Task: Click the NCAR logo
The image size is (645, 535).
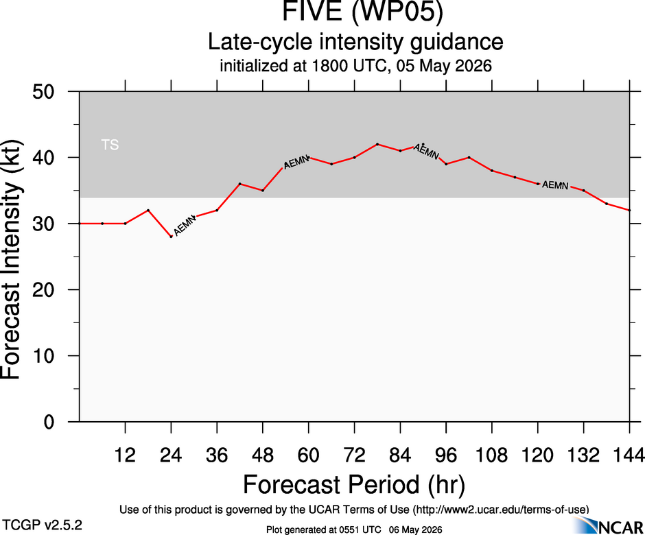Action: pos(609,525)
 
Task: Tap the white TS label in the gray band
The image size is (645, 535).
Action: pos(110,145)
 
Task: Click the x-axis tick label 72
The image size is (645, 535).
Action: pos(354,455)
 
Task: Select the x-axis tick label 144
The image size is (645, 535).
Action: pos(629,455)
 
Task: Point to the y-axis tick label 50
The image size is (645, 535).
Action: pos(43,91)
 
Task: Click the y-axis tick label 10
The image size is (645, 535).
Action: pos(43,356)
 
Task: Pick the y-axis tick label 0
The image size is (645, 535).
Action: pos(49,422)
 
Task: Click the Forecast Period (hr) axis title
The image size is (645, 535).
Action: pos(354,484)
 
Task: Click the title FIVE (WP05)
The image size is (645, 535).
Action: pos(362,11)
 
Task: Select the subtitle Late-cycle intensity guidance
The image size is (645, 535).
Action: pos(355,42)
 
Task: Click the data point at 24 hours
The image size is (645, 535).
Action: pos(171,237)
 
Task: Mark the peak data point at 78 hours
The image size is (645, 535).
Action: pos(377,144)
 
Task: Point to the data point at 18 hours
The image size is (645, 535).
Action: pos(148,210)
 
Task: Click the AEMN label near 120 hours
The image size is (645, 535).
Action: pos(555,185)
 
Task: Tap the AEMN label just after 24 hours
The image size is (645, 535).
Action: pos(185,226)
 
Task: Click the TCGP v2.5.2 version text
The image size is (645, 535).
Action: pos(43,525)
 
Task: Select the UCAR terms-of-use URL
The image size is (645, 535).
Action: pos(501,510)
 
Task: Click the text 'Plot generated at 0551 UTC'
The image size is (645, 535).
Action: pos(324,530)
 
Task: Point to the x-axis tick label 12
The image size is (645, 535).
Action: pos(125,455)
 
